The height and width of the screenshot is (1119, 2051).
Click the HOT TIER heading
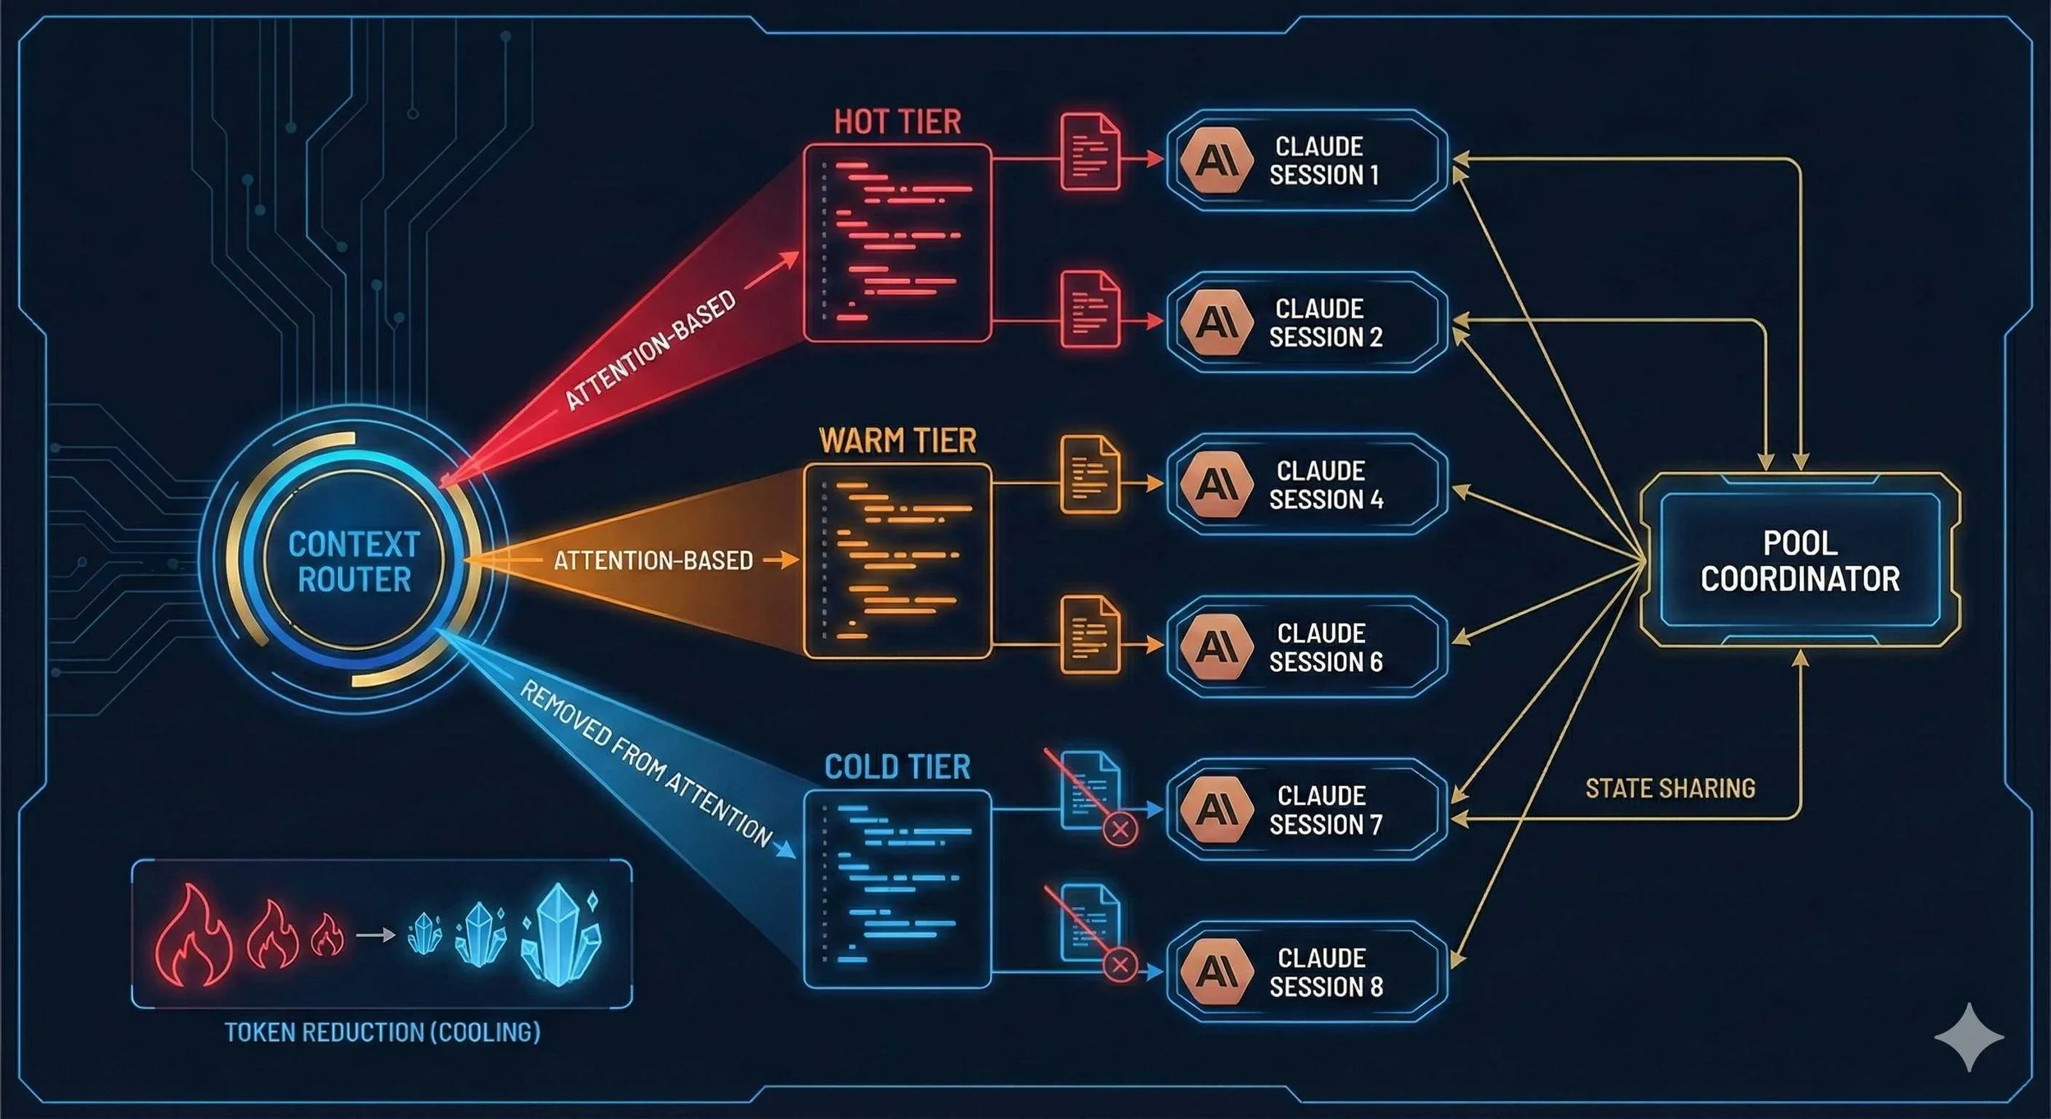point(897,122)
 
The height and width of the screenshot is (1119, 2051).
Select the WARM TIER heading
point(898,441)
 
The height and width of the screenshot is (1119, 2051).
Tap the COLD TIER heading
point(897,767)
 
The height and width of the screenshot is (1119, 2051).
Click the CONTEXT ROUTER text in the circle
point(354,562)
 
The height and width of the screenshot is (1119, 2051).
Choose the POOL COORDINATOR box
point(1800,560)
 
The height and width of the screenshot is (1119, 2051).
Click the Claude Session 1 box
point(1306,161)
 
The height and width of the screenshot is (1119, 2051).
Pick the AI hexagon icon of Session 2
point(1216,322)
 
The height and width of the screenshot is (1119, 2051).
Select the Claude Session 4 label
point(1326,485)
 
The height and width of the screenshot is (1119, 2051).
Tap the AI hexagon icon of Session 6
point(1216,647)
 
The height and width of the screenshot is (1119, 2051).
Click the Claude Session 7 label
point(1326,810)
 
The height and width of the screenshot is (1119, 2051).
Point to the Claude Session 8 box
point(1306,972)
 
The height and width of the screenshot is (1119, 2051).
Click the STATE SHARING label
point(1670,788)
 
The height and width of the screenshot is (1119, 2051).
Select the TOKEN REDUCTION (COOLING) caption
point(382,1032)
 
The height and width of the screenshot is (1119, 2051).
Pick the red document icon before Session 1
point(1089,153)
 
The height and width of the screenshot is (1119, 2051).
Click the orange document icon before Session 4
point(1089,475)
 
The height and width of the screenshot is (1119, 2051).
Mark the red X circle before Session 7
point(1120,829)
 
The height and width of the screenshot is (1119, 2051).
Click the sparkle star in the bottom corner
point(1969,1037)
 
